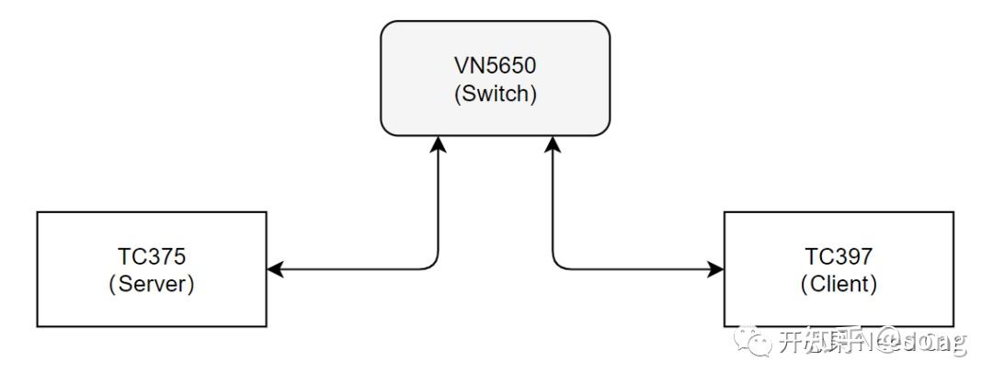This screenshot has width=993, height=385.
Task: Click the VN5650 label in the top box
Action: click(x=495, y=65)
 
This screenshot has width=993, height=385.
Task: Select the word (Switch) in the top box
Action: click(x=495, y=94)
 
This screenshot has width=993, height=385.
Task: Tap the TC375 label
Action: click(x=151, y=256)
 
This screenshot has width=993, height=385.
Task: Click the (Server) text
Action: click(x=151, y=285)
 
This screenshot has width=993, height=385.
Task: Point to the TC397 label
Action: click(x=838, y=256)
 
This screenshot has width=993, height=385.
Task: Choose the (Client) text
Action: click(x=838, y=285)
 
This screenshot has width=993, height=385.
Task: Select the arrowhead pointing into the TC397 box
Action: click(x=716, y=269)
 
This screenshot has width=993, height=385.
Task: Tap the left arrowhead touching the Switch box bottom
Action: click(x=439, y=143)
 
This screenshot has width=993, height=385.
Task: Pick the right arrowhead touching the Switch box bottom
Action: click(x=552, y=143)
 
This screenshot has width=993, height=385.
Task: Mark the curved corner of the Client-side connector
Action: click(x=556, y=265)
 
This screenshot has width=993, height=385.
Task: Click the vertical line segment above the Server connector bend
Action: click(x=439, y=202)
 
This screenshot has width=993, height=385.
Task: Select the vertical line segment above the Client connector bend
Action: click(x=552, y=202)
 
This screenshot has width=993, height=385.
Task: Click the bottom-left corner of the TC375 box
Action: click(x=38, y=326)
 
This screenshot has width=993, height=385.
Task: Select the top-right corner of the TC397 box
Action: click(x=953, y=212)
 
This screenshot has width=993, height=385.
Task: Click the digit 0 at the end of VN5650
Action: click(x=533, y=65)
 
